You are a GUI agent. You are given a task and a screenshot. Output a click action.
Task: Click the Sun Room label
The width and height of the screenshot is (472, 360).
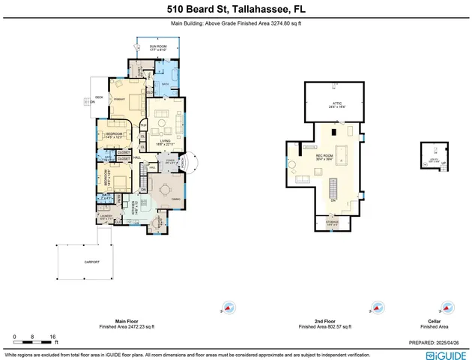[157, 46]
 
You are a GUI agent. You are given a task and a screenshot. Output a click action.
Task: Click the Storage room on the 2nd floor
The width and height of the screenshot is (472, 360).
[332, 223]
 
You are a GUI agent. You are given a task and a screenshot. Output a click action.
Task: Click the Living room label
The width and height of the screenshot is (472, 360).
[164, 142]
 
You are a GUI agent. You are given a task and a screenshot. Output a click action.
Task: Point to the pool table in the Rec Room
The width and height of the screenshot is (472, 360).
[344, 154]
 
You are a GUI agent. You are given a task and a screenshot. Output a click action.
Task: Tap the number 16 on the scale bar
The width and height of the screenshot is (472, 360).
[52, 336]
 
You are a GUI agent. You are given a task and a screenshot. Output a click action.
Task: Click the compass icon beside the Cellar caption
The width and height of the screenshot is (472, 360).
[447, 307]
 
